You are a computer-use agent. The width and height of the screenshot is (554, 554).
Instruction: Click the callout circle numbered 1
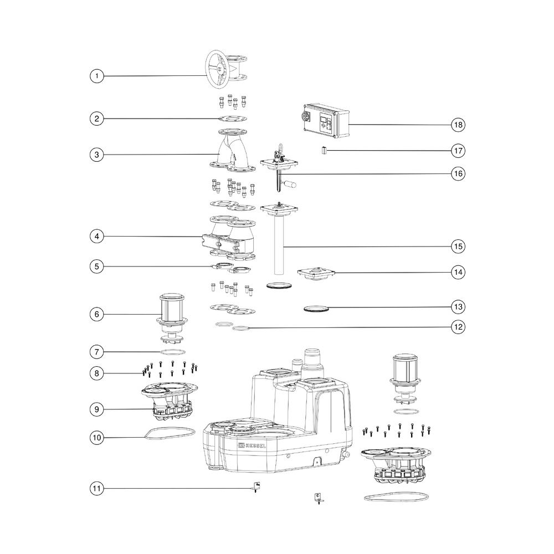[x=97, y=76]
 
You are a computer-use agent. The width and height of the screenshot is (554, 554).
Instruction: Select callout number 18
[x=458, y=125]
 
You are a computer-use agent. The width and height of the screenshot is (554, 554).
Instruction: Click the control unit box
[x=326, y=120]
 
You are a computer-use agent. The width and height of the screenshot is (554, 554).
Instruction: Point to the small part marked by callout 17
[x=324, y=151]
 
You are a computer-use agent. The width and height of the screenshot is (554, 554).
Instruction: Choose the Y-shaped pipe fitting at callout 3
[x=232, y=150]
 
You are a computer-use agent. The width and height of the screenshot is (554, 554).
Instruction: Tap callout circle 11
[x=97, y=489]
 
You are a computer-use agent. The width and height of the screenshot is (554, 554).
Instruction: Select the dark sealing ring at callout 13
[x=316, y=309]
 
